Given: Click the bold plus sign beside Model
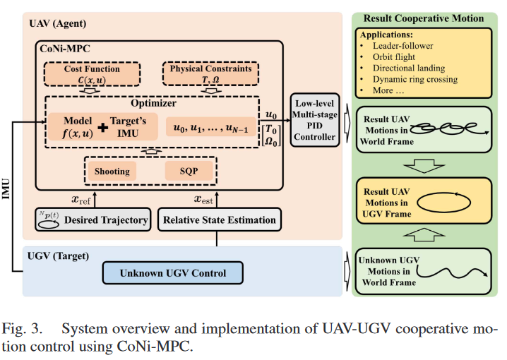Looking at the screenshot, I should click(103, 128).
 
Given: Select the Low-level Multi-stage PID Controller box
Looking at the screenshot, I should click(314, 120).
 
